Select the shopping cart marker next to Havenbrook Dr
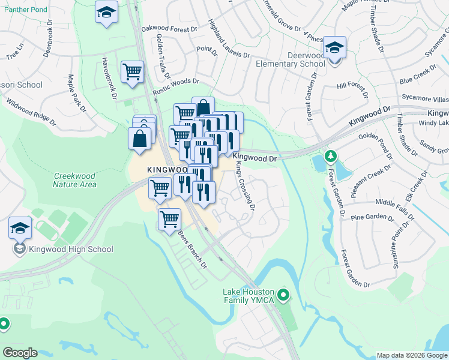[132, 72]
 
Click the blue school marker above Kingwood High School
[20, 229]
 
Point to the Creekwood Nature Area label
[74, 180]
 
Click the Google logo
[20, 352]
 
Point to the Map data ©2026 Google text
[411, 355]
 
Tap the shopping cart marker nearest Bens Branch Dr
[170, 219]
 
